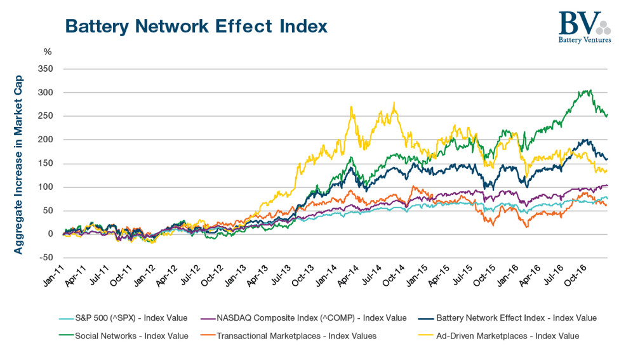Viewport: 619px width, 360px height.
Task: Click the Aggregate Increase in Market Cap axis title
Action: [18, 164]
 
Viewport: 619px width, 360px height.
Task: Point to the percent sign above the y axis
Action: [48, 52]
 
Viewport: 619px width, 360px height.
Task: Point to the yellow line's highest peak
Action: [394, 102]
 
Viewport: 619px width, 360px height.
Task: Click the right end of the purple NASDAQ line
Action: [607, 185]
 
